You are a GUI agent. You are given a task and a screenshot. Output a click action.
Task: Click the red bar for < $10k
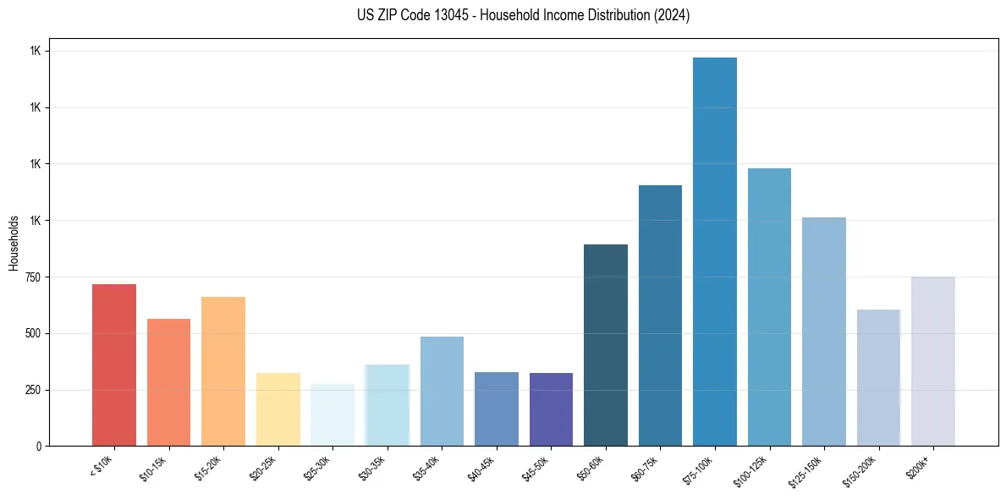114,365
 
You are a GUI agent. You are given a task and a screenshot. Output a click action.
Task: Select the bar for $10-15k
168,382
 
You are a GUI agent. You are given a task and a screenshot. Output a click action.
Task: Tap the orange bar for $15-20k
223,371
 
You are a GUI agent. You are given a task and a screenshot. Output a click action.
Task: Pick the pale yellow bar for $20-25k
278,409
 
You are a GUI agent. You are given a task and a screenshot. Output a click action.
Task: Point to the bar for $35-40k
442,391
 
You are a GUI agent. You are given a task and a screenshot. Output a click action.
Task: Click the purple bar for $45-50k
551,409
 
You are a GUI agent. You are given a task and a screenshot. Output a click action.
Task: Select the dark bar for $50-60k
606,345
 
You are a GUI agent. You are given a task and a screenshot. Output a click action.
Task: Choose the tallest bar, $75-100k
715,251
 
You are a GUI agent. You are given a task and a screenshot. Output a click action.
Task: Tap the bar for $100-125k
769,307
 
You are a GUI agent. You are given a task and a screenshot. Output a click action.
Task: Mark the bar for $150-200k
878,377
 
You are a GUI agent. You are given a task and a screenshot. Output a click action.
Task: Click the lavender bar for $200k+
933,361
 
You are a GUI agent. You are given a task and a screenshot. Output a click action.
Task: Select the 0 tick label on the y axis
39,447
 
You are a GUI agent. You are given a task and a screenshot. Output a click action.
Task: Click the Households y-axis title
14,243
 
